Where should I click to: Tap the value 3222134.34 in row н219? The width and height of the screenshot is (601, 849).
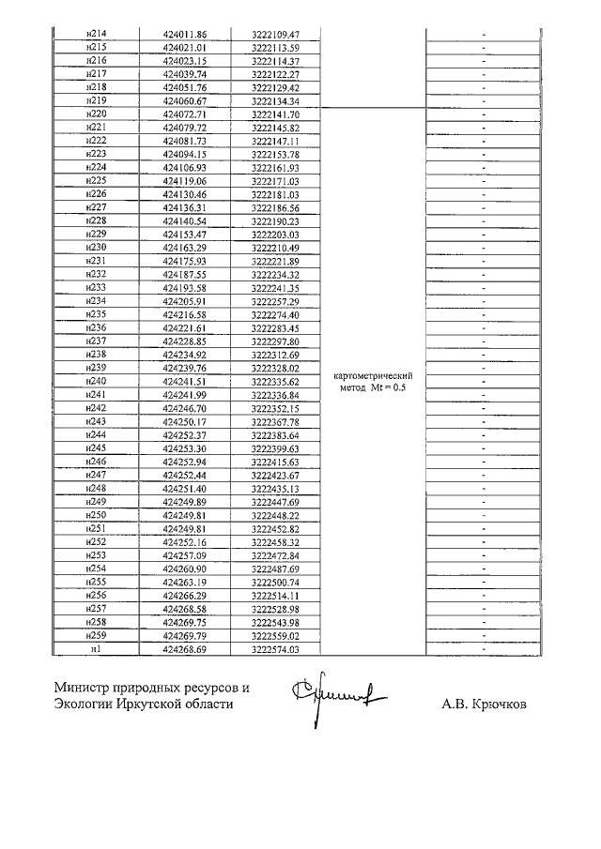pos(275,100)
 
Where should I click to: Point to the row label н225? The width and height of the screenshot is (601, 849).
pos(95,181)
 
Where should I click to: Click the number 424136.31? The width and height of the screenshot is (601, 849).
pos(184,207)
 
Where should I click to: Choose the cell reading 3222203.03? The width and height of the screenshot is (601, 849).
pos(275,235)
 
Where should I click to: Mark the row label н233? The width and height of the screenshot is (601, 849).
pos(95,288)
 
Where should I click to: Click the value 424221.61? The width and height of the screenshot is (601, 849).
pos(184,328)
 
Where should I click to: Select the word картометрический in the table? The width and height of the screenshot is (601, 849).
pos(374,376)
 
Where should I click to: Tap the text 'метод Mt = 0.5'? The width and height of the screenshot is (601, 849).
pos(374,388)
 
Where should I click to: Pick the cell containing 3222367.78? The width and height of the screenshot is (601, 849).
pos(275,422)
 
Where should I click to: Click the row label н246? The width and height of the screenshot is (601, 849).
pos(95,462)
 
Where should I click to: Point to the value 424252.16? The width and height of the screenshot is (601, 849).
pos(184,543)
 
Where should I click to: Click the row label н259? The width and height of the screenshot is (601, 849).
pos(95,636)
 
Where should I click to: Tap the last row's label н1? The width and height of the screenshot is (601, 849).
pos(95,649)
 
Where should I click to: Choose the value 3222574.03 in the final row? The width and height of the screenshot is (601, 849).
pos(275,649)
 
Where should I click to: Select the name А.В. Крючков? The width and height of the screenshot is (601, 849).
pos(484,704)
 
